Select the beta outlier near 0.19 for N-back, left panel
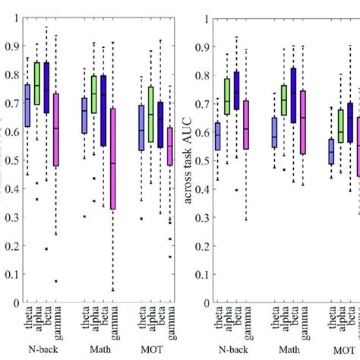click(x=47, y=248)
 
